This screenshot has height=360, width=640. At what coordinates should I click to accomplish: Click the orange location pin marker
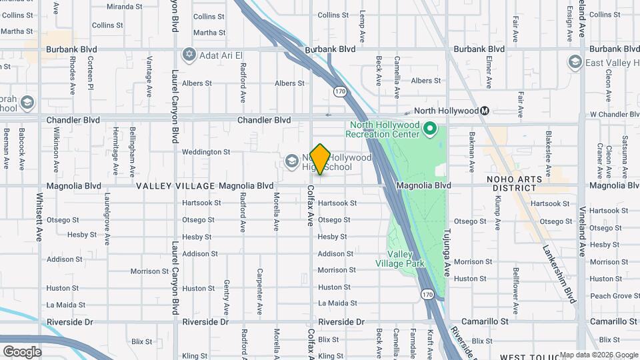(x=320, y=159)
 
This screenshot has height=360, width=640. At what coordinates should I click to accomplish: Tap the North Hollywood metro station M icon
(x=485, y=111)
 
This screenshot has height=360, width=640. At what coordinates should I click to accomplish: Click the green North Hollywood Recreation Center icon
(x=430, y=128)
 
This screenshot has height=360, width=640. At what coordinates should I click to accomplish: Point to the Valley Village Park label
(x=405, y=259)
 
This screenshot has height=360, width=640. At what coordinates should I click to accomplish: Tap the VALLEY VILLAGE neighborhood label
(x=175, y=186)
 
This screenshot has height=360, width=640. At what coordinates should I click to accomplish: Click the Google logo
(x=22, y=351)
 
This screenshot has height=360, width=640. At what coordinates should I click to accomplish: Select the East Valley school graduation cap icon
(x=575, y=63)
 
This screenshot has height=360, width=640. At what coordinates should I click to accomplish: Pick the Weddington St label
(x=206, y=152)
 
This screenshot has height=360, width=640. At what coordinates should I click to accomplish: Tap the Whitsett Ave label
(x=39, y=217)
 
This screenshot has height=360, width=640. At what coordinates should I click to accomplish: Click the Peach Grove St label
(x=611, y=296)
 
